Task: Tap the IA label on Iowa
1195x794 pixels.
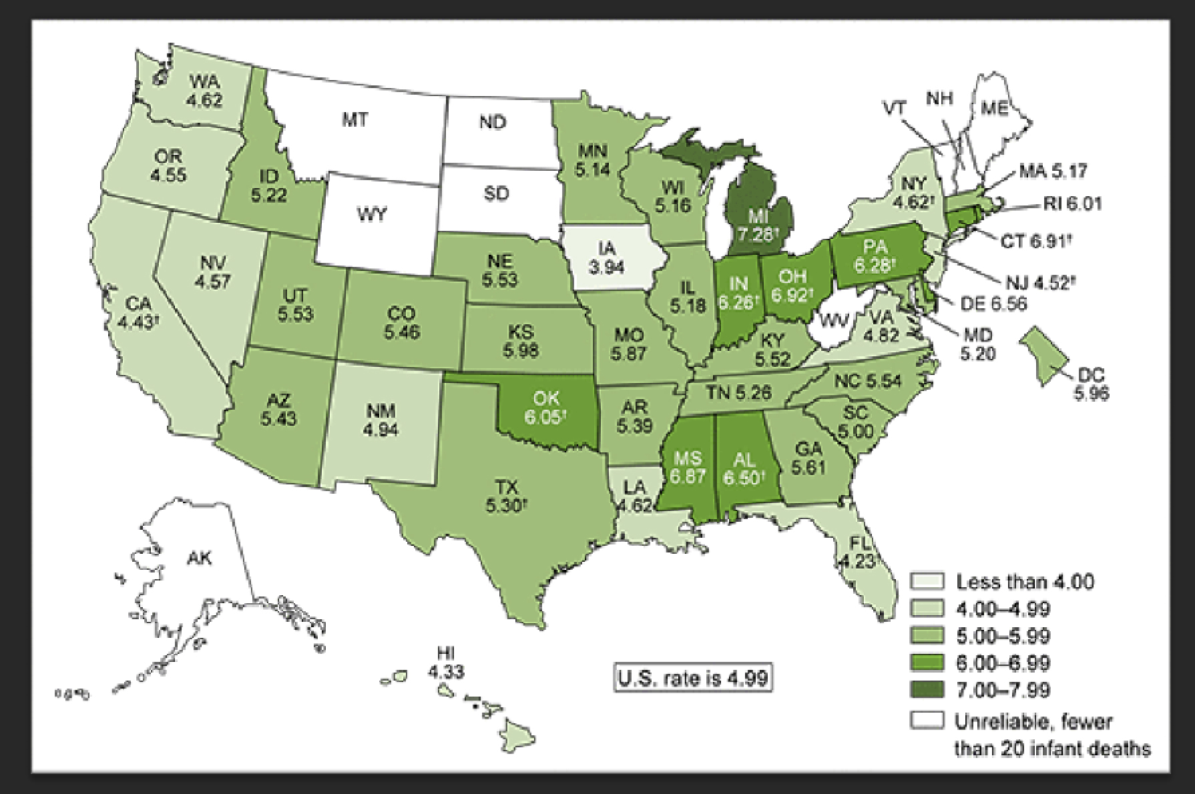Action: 606,249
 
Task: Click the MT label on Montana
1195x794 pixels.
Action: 354,120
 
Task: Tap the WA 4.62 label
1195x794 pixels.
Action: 205,91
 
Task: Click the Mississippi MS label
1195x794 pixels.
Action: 685,458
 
